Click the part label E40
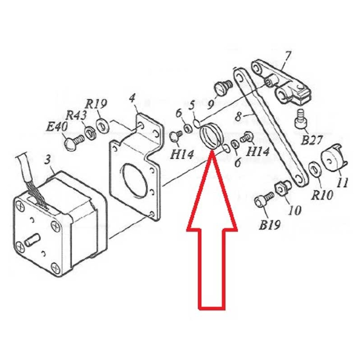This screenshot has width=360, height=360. coord(57,127)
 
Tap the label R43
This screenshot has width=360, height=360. coord(76,116)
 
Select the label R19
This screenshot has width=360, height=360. coord(96,104)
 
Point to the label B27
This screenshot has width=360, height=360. coord(312,140)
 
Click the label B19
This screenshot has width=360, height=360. coord(270,225)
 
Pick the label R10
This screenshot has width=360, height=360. coord(321,195)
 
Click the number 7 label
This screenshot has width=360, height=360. coord(287,58)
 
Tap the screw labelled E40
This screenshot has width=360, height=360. coord(74,142)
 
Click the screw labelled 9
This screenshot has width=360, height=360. coord(223,87)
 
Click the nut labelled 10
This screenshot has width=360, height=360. coord(283,187)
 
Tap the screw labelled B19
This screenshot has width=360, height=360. coord(264,200)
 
